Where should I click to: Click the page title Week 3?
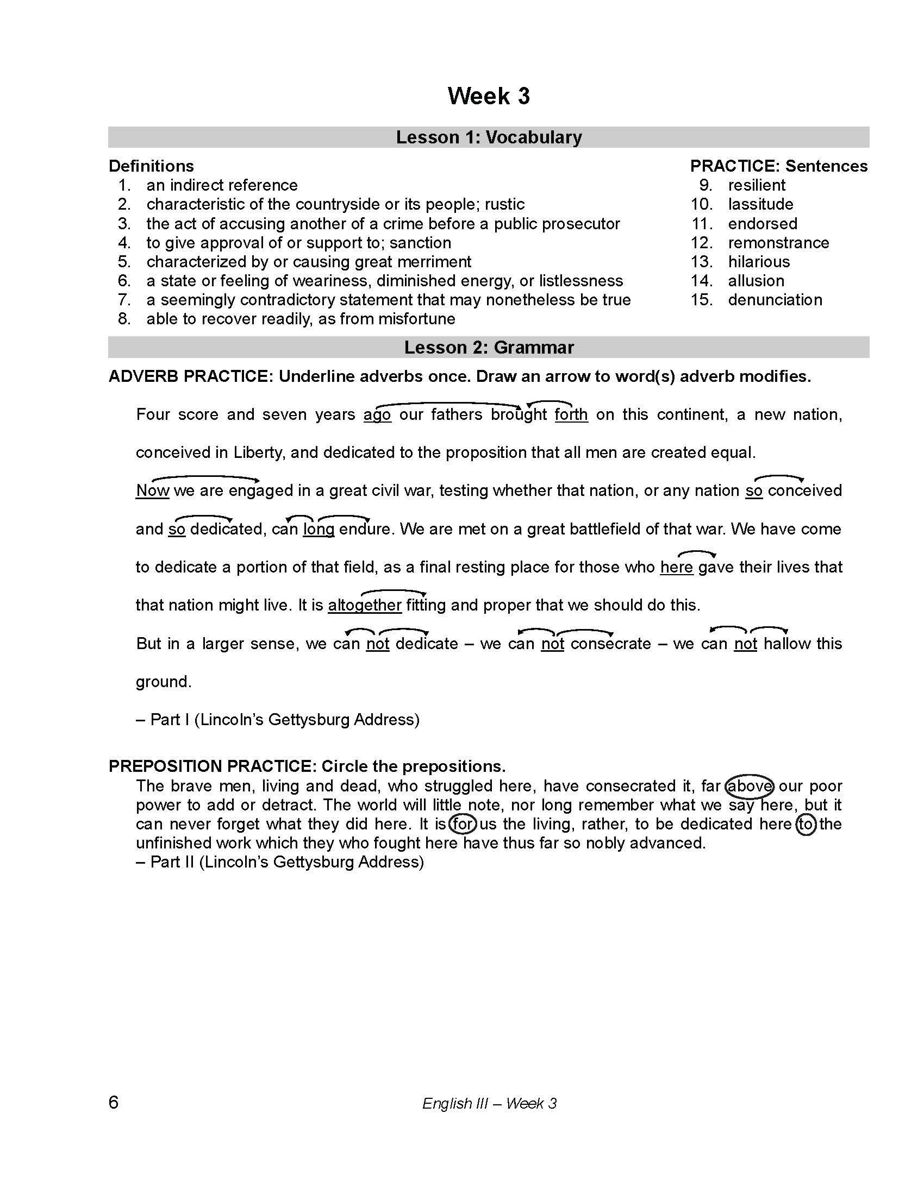[488, 96]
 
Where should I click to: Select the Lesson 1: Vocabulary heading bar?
[488, 137]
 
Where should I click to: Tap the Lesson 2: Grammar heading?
[488, 348]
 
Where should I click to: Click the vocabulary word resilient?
[756, 185]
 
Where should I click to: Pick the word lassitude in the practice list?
[760, 204]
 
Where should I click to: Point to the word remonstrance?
[778, 242]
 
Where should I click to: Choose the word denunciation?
[775, 300]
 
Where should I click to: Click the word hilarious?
[759, 262]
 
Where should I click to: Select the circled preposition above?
[749, 787]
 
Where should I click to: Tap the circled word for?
[463, 824]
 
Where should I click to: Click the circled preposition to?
[806, 824]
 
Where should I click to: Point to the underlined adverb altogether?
[365, 605]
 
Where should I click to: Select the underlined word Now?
[153, 491]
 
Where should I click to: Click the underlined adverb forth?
[571, 415]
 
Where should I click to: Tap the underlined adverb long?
[319, 529]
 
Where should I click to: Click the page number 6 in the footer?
[113, 1102]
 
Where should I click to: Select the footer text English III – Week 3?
[489, 1103]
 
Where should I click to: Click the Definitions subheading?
[151, 166]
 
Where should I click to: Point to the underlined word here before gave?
[677, 568]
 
